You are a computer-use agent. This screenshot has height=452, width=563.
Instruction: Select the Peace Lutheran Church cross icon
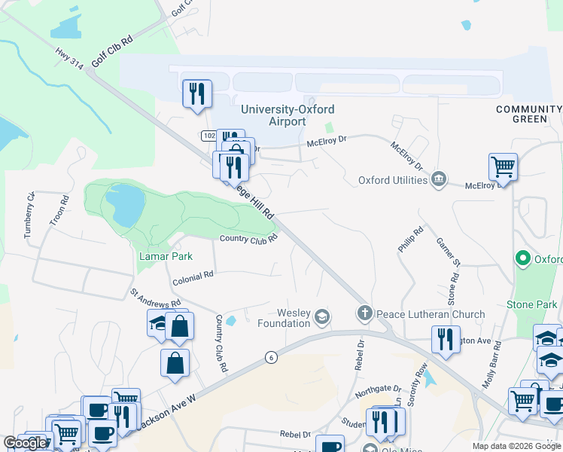364,313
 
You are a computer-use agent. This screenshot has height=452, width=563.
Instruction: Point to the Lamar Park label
166,256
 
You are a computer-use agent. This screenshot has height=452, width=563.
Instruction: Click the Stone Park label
532,304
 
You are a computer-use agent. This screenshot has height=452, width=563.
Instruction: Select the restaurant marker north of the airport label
197,93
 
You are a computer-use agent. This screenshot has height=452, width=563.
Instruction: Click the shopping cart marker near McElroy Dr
502,166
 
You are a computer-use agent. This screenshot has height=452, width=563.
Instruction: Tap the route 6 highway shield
269,357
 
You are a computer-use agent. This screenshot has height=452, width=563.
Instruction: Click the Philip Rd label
411,239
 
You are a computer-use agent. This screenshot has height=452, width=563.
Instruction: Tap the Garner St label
448,252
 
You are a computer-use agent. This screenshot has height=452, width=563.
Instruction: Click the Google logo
26,443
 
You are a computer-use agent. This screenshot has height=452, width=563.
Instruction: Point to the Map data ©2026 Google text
516,446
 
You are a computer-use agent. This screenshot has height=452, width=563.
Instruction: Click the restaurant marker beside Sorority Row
446,339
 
